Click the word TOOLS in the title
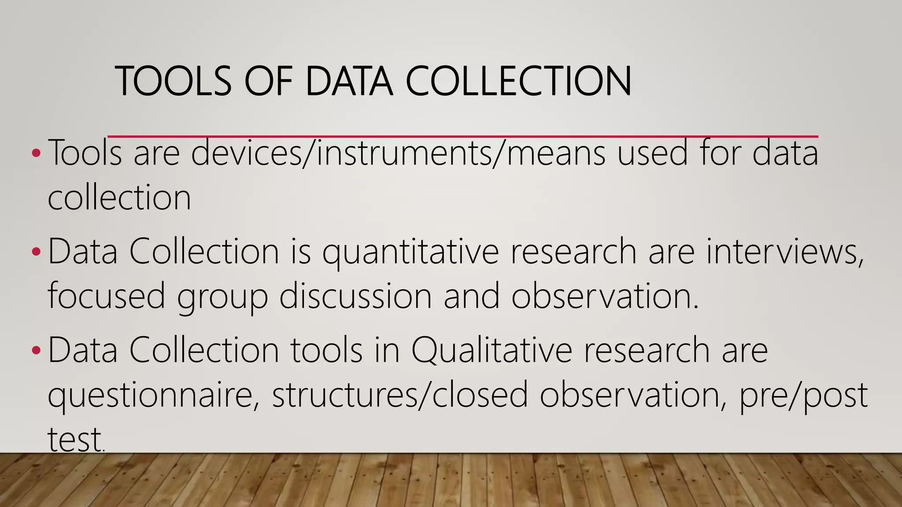(x=173, y=81)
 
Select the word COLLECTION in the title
(x=518, y=81)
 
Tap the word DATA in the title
(x=348, y=81)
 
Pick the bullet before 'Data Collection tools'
(x=36, y=350)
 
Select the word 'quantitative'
(x=410, y=252)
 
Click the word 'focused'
(x=106, y=296)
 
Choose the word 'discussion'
(x=355, y=296)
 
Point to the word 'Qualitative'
(x=492, y=350)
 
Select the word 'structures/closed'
(x=400, y=394)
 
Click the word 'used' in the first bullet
(x=652, y=152)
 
